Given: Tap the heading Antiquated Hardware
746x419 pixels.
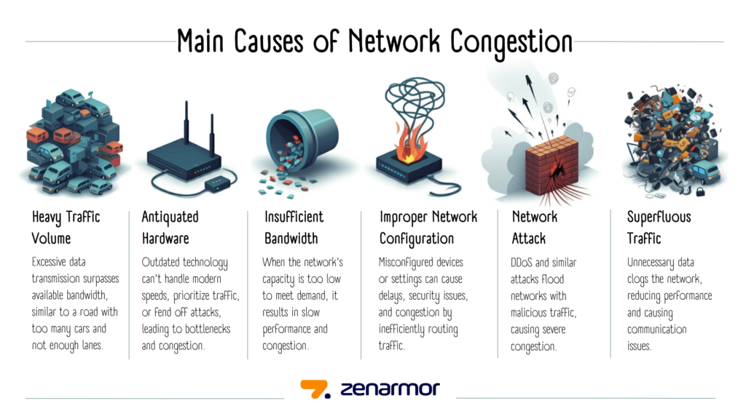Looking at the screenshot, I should [170, 227].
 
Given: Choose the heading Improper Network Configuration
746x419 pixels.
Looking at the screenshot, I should [428, 227].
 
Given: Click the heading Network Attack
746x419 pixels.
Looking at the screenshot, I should [535, 227].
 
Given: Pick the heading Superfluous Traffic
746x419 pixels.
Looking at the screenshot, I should [659, 227].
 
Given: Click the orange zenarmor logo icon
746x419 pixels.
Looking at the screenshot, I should [315, 389].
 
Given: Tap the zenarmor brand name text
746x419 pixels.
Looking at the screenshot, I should [390, 389].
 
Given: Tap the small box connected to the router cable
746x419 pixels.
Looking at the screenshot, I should [215, 185].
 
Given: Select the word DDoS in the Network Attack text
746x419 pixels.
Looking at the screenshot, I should [525, 263].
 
